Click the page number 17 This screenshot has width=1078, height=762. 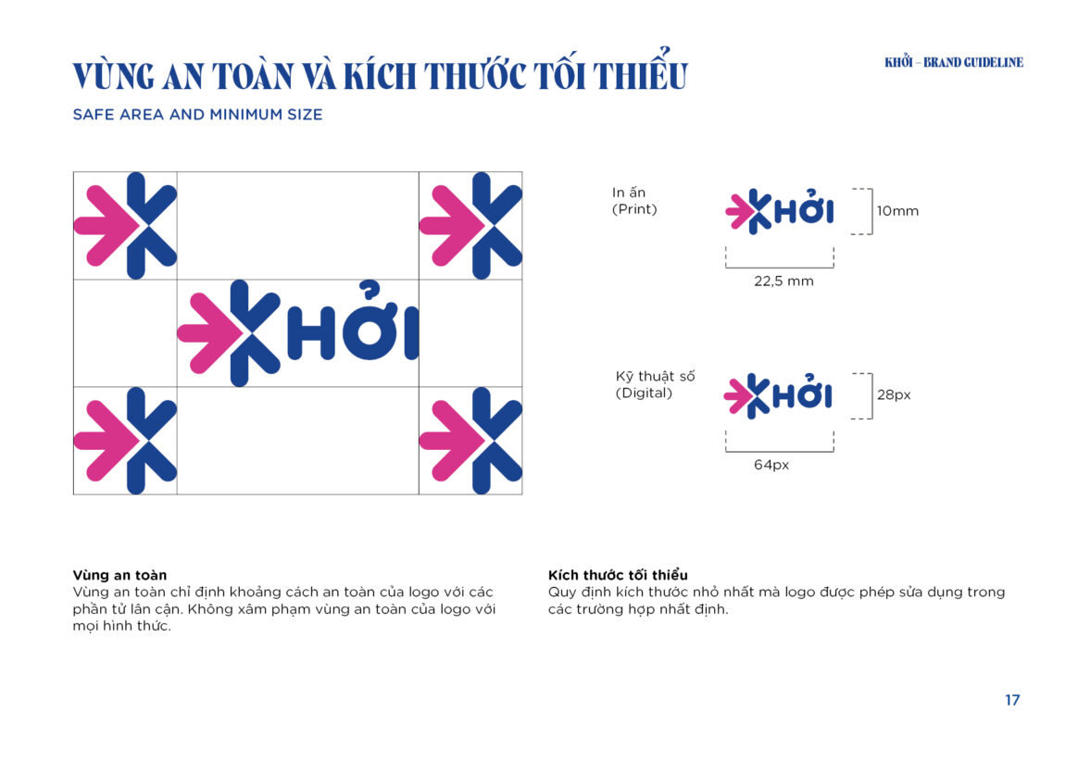pos(1012,700)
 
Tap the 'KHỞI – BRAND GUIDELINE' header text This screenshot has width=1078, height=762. pos(954,63)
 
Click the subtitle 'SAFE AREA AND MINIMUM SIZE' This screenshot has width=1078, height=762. pos(197,115)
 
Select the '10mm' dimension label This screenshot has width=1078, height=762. pos(897,211)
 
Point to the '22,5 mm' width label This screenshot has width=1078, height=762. pos(783,281)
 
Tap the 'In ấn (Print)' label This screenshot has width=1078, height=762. pos(634,201)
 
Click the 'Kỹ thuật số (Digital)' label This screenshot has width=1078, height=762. pos(655,385)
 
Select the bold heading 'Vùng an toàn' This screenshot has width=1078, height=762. pos(119,575)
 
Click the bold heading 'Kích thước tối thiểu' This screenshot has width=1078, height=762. pos(618,575)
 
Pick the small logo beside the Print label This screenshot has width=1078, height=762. pos(780,211)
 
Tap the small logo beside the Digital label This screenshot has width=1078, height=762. pos(778,395)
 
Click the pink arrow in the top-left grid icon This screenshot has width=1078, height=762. pos(106,225)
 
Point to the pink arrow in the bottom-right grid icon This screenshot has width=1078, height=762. pos(451,441)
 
